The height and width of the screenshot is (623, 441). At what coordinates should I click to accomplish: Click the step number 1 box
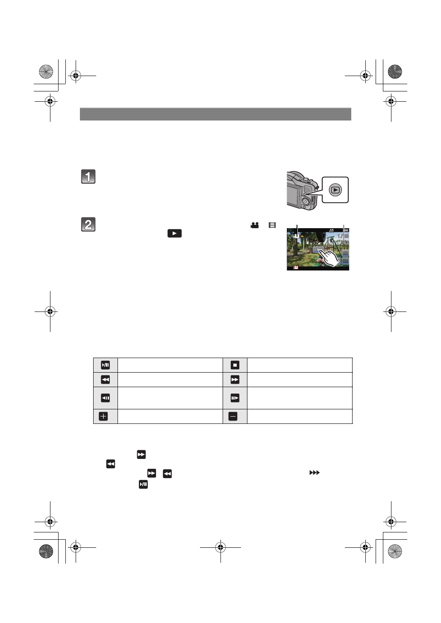point(88,176)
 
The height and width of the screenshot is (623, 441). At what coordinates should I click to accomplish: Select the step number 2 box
point(88,225)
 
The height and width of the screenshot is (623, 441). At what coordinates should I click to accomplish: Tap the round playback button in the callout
point(335,190)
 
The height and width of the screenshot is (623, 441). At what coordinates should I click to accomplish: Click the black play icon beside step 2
point(174,233)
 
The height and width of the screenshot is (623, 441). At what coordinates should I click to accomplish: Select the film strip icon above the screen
point(272,225)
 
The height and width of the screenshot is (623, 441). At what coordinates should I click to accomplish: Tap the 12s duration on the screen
point(344,242)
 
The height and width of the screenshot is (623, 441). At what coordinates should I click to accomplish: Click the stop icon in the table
point(235,365)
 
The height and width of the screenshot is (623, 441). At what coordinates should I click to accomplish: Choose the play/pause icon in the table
point(105,365)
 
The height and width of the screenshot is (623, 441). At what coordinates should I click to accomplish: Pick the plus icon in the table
point(103,416)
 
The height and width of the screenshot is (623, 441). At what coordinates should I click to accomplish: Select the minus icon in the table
point(233,416)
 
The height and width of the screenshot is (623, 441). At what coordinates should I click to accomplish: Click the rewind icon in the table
point(105,380)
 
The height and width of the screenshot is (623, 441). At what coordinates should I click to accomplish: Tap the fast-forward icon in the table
point(235,380)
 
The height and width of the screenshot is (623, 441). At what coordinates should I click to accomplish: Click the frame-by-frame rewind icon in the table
point(105,398)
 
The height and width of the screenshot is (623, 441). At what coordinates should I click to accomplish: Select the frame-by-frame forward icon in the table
point(235,398)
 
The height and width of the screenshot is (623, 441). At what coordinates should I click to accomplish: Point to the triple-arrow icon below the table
point(314,473)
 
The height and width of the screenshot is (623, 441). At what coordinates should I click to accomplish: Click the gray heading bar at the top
point(215,114)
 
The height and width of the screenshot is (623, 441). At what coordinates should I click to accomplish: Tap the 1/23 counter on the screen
point(343,236)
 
